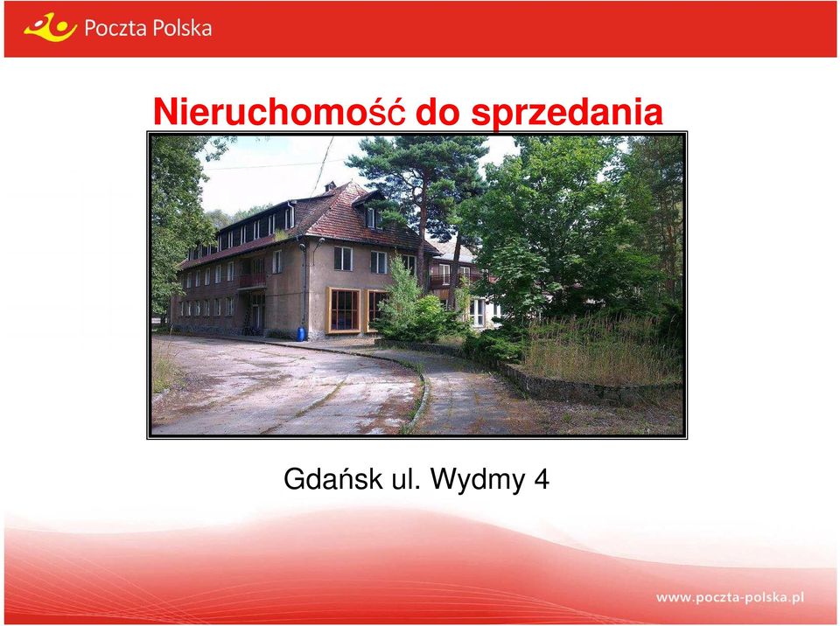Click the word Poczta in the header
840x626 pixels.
tap(114, 28)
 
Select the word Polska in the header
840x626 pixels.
tap(180, 28)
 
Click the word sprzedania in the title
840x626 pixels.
tap(567, 114)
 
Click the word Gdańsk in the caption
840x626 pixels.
tap(332, 479)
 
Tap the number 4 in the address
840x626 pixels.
tap(542, 479)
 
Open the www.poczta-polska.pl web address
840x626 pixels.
tap(730, 597)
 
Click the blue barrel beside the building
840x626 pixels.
tap(300, 334)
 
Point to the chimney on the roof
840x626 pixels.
tap(330, 186)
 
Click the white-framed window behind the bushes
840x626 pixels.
tap(478, 313)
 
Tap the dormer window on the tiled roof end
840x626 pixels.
tap(371, 217)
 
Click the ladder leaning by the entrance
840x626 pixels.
tap(247, 321)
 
